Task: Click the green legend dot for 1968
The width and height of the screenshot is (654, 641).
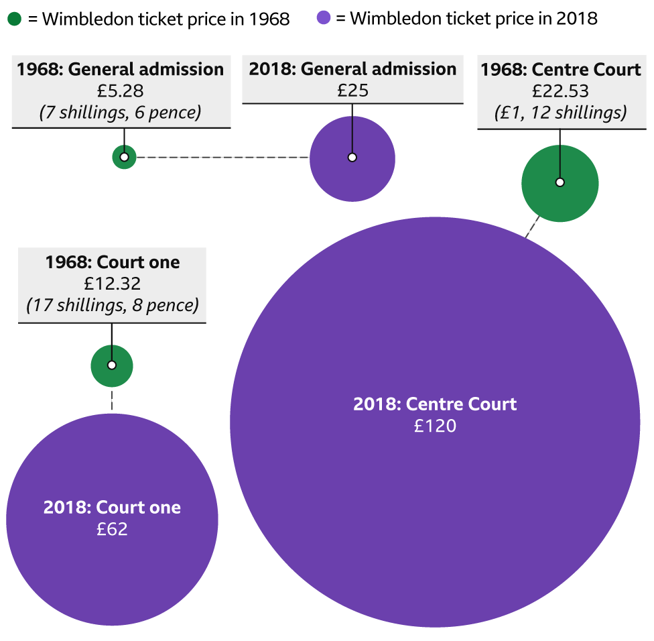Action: (x=15, y=18)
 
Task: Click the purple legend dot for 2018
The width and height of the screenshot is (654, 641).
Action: (x=324, y=18)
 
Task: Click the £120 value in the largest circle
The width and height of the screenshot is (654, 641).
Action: (x=435, y=426)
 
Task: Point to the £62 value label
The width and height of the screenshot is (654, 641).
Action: (x=112, y=529)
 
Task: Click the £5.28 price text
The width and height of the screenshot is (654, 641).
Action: (x=121, y=91)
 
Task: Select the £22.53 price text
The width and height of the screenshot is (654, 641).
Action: (x=560, y=91)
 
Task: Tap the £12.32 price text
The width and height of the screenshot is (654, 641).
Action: (x=112, y=284)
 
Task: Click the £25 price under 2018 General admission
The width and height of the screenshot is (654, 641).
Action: (x=352, y=91)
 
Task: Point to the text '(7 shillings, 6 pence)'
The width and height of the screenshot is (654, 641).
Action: (x=121, y=112)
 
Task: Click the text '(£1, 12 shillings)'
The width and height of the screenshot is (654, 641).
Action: (x=560, y=113)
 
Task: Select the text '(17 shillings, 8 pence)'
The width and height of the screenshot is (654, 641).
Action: (x=112, y=306)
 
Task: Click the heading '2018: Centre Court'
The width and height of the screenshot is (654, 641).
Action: (x=435, y=404)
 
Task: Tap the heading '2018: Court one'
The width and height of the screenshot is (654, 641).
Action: (x=112, y=508)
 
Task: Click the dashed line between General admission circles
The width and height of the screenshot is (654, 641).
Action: (x=221, y=158)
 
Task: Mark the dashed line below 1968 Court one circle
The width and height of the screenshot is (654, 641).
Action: (x=112, y=400)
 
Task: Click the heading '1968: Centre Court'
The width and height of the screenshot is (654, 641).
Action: (x=561, y=70)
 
